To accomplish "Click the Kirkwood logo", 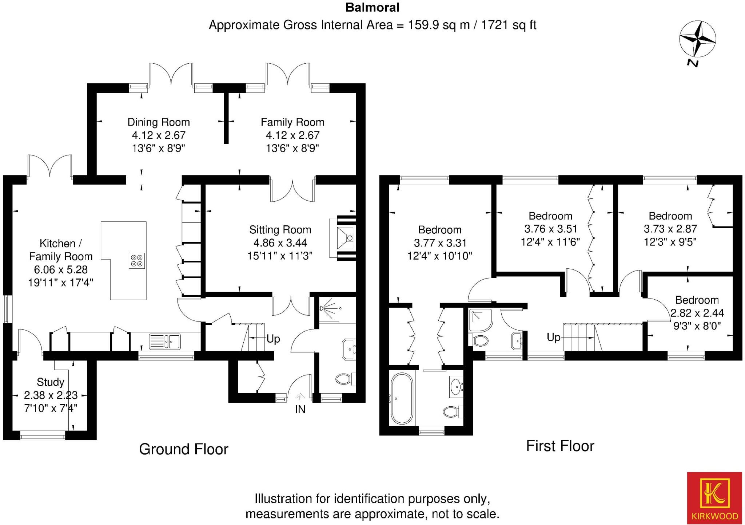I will pyautogui.click(x=714, y=497).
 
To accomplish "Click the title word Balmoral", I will pyautogui.click(x=372, y=8).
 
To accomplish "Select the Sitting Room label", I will pyautogui.click(x=280, y=230).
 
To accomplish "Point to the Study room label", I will pyautogui.click(x=51, y=382).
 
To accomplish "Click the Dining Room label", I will pyautogui.click(x=159, y=122).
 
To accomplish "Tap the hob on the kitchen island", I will pyautogui.click(x=137, y=261).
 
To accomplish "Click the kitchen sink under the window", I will pyautogui.click(x=165, y=342).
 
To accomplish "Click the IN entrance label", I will pyautogui.click(x=300, y=409).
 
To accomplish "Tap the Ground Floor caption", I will pyautogui.click(x=184, y=449).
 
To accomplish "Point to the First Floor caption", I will pyautogui.click(x=560, y=446).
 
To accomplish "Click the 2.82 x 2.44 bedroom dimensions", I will pyautogui.click(x=697, y=313).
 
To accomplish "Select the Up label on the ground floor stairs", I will pyautogui.click(x=273, y=339).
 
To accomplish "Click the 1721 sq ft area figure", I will pyautogui.click(x=509, y=25).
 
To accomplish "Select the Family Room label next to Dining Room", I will pyautogui.click(x=292, y=122).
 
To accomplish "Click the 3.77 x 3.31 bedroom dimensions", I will pyautogui.click(x=440, y=243).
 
